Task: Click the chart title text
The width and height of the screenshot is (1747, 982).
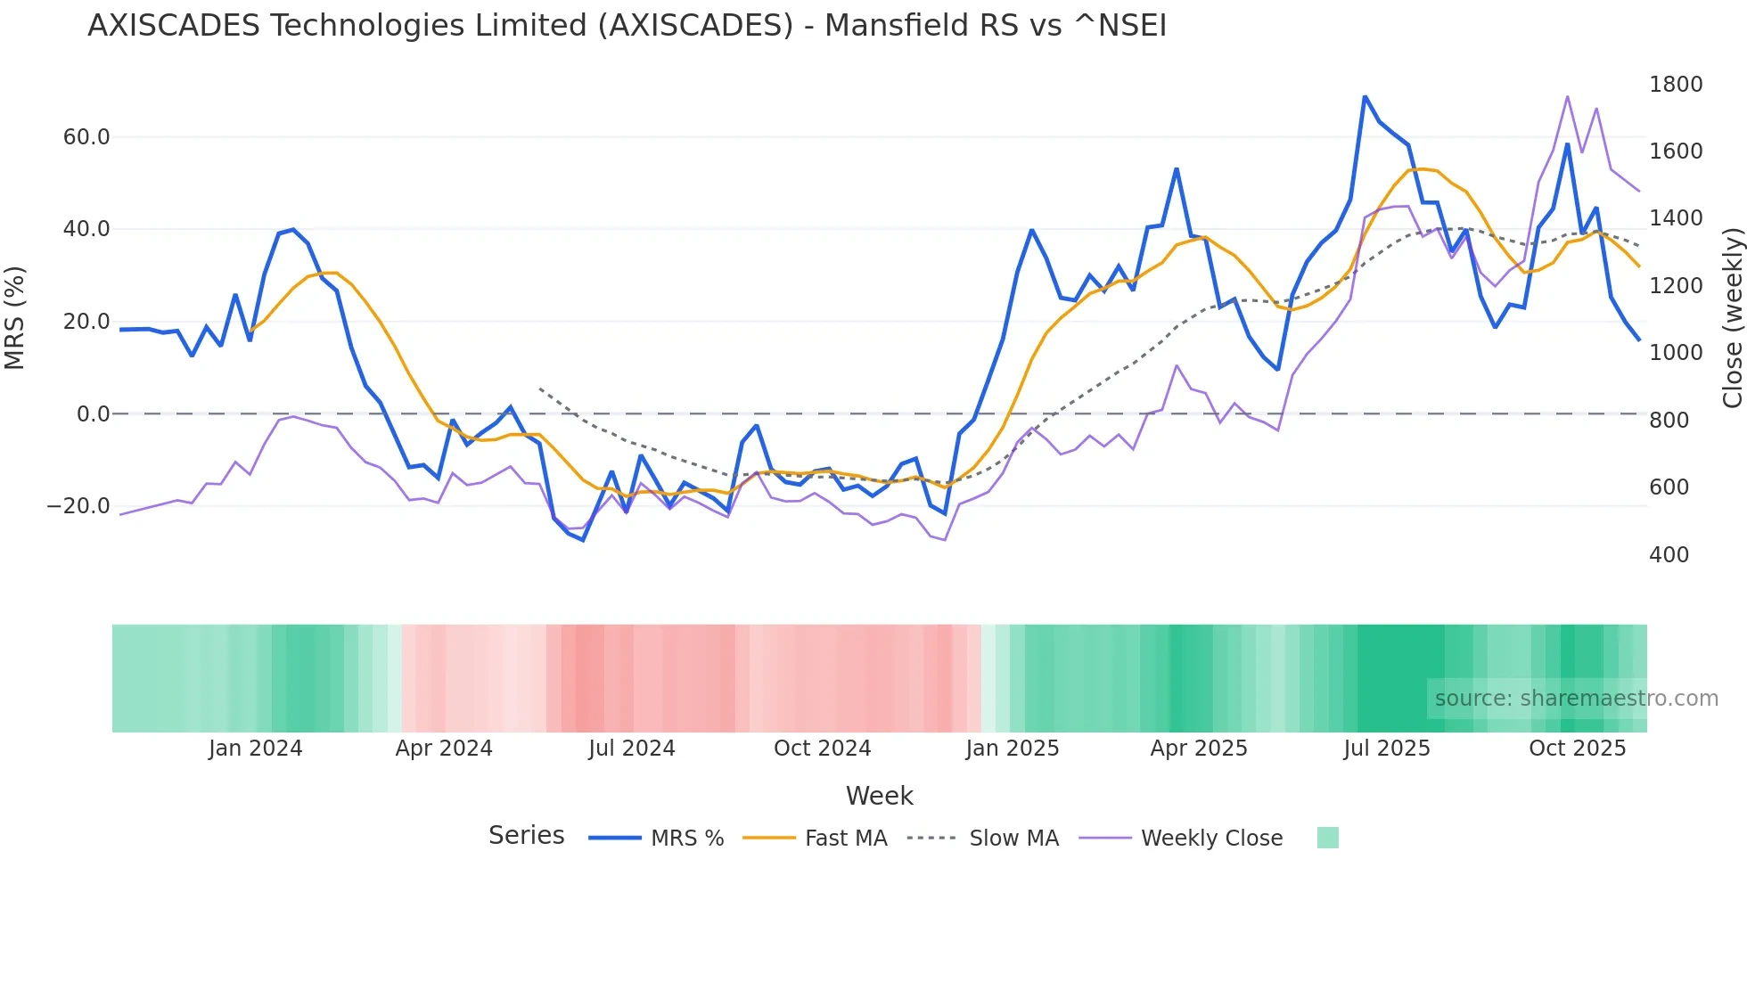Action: (627, 26)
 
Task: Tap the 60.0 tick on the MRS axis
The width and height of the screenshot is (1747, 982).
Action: (86, 137)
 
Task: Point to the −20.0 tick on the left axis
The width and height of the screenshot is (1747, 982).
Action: (78, 506)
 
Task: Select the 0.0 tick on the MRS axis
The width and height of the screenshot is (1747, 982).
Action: (93, 414)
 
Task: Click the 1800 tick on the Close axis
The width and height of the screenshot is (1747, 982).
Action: (1676, 85)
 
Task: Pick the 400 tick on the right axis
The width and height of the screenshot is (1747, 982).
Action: (1669, 555)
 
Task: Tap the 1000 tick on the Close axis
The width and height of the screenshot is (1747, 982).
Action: (1676, 353)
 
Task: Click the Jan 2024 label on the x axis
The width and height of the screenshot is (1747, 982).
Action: (256, 749)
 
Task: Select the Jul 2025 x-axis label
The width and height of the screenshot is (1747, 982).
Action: (1387, 749)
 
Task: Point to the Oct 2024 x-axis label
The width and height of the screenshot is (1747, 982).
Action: (822, 749)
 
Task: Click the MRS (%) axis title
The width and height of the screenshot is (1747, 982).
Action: (15, 317)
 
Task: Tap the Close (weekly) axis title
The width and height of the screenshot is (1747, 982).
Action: (1732, 317)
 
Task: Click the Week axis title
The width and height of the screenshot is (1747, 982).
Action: (879, 796)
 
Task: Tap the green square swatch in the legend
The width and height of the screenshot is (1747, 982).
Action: (1327, 838)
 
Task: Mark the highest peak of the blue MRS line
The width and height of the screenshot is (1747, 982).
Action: (1365, 96)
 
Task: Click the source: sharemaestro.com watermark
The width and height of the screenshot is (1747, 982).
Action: (1576, 699)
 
